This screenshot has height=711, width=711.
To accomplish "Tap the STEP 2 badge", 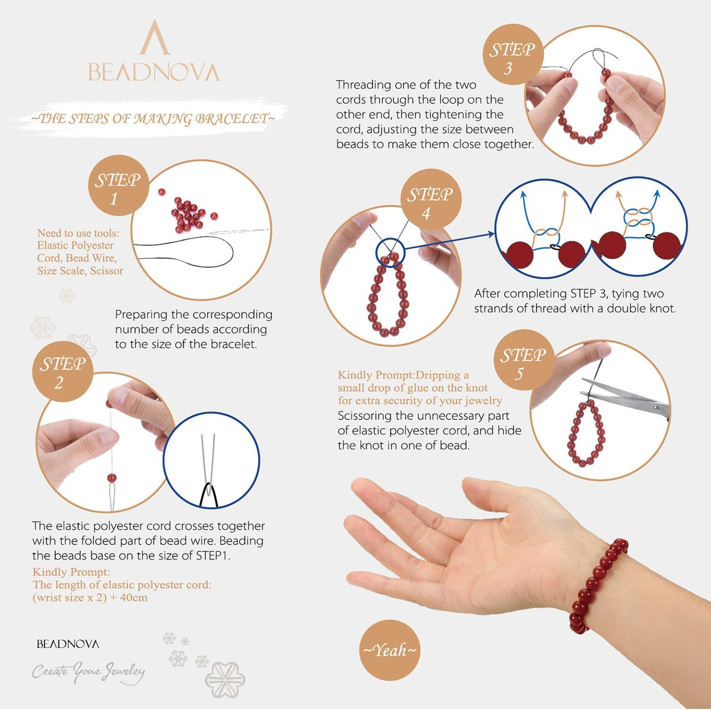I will (62, 372).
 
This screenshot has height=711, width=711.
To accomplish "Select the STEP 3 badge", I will (512, 56).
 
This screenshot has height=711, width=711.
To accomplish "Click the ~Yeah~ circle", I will (389, 650).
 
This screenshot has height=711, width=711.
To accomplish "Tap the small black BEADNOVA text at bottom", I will (68, 644).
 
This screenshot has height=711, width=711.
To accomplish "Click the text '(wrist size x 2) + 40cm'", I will (90, 598).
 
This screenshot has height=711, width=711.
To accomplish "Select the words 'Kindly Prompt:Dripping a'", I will (403, 375).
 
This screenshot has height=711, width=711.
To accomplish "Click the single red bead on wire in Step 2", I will (112, 478).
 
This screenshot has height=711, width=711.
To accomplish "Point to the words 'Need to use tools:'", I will (78, 233).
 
